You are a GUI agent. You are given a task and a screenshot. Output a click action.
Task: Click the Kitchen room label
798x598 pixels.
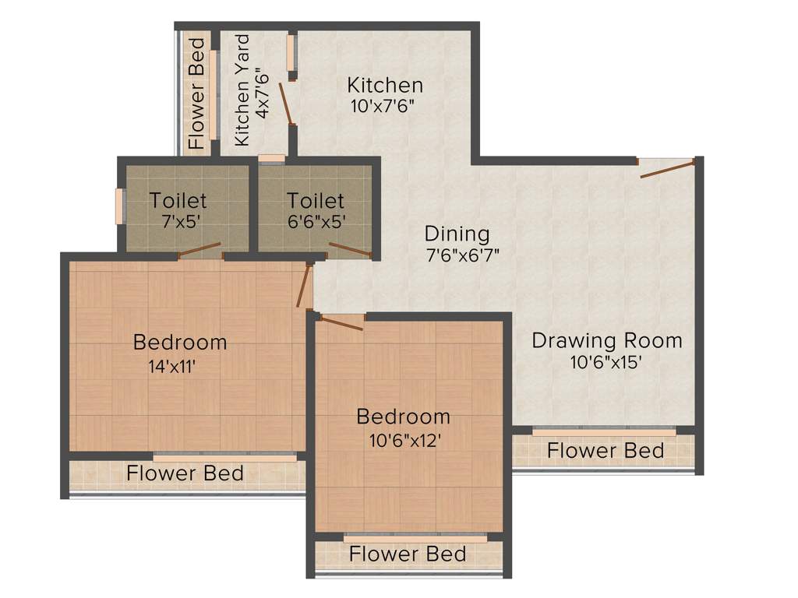[385, 85]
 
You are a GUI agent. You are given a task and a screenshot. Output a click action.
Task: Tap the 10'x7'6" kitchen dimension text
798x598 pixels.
[380, 106]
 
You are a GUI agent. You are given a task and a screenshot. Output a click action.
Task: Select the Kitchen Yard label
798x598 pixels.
[242, 90]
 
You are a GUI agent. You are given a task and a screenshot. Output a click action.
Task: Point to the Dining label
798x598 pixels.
[457, 234]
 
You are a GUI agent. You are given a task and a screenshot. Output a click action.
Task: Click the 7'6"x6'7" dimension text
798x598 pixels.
[461, 255]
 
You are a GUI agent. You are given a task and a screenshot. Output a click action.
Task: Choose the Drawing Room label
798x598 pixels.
[606, 340]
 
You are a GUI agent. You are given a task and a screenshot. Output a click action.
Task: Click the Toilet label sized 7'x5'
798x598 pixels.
[178, 200]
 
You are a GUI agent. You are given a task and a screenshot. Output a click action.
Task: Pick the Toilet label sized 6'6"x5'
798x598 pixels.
[315, 200]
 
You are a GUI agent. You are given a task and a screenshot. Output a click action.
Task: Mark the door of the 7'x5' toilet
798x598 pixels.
[199, 250]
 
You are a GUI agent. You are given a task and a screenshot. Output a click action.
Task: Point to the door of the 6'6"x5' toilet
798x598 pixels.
[350, 249]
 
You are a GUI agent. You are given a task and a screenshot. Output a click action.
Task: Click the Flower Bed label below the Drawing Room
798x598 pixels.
[605, 451]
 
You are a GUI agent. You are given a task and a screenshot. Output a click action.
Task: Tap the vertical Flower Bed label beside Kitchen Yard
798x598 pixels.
[196, 93]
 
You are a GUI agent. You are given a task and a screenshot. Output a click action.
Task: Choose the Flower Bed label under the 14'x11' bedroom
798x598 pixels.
[185, 473]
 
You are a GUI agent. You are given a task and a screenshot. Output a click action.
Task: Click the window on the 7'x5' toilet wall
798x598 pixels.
[120, 206]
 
